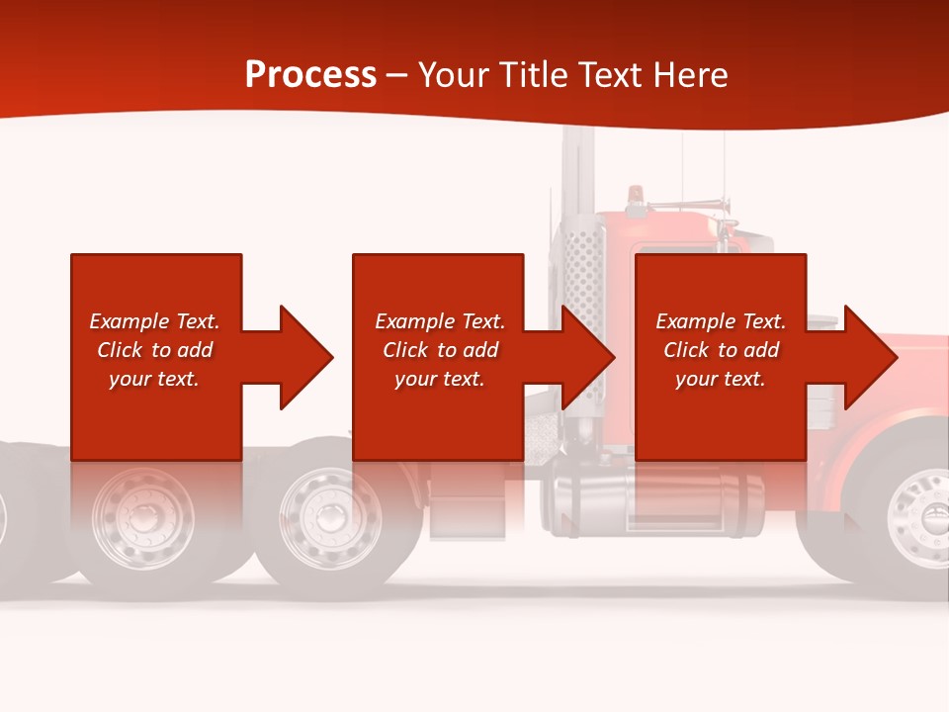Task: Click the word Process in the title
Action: click(x=310, y=75)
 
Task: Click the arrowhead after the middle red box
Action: click(x=587, y=357)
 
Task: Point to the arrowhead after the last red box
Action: click(x=869, y=357)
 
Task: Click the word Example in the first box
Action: click(x=129, y=321)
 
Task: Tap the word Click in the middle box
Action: click(x=405, y=350)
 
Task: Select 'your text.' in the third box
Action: click(x=720, y=379)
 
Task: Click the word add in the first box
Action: click(x=196, y=350)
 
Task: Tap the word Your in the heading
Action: click(x=454, y=75)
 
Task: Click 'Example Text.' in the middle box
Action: click(x=440, y=321)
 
